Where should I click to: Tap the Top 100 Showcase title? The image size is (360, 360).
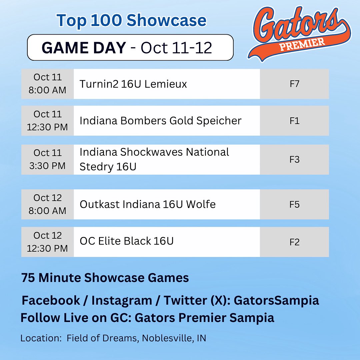click(132, 21)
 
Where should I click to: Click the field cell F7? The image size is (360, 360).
click(294, 84)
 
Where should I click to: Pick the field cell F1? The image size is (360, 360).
click(294, 121)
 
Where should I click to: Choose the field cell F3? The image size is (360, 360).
click(294, 159)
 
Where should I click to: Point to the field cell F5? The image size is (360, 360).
click(294, 204)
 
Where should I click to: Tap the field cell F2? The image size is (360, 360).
click(294, 242)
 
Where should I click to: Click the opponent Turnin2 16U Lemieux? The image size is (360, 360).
click(133, 84)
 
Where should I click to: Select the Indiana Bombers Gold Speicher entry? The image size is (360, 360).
click(160, 121)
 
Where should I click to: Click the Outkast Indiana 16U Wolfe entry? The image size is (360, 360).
click(148, 204)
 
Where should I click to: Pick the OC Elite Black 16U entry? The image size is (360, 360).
click(127, 241)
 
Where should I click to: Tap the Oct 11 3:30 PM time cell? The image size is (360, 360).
click(47, 159)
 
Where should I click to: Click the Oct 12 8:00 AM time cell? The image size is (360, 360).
click(47, 204)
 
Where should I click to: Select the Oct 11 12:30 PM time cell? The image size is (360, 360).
click(47, 121)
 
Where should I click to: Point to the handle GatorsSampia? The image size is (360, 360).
click(276, 300)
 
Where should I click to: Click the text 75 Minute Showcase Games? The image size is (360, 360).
click(105, 278)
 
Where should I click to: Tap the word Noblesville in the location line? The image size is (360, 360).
click(165, 338)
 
